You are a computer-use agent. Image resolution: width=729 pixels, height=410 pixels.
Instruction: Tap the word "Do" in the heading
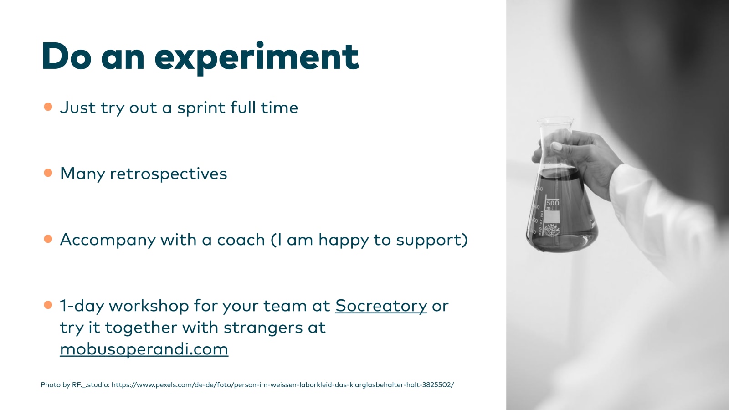tap(67, 56)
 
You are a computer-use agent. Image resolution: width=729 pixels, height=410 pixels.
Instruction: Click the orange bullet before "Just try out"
tap(48, 107)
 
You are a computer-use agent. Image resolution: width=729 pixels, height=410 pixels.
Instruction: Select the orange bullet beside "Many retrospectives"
tap(48, 173)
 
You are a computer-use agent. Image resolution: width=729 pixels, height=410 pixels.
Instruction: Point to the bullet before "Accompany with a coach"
tap(48, 239)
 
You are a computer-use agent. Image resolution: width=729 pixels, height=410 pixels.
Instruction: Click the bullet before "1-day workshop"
tap(48, 305)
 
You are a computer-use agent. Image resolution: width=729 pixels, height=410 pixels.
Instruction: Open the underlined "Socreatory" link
tap(381, 306)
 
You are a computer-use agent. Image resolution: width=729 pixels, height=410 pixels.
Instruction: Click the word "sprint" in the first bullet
tap(201, 108)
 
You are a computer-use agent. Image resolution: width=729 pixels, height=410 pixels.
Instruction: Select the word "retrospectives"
tap(169, 174)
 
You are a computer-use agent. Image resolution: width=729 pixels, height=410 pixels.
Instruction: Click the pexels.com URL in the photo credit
tap(283, 384)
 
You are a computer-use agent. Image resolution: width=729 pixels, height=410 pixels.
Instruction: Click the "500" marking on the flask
tap(553, 203)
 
